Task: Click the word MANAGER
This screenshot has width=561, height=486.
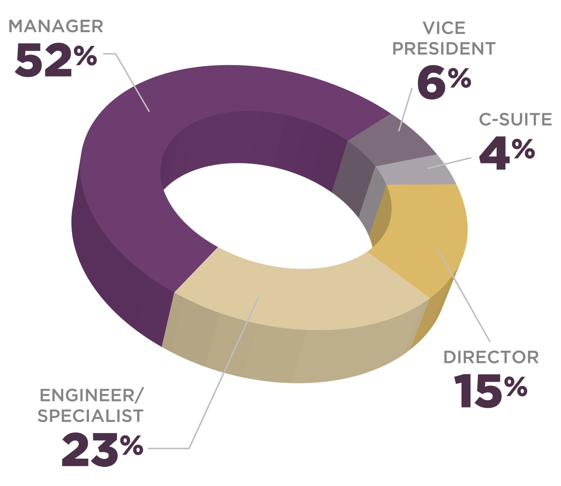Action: pos(56,27)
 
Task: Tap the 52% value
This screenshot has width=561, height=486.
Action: pos(56,60)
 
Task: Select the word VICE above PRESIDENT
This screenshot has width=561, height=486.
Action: pos(444,28)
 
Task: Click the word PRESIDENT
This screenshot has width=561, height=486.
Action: pos(444,49)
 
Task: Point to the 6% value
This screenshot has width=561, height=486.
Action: pos(444,83)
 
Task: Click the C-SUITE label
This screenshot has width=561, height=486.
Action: pos(515,120)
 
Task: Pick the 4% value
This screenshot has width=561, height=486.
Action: pos(506,153)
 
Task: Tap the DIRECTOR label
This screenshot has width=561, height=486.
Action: pos(491,357)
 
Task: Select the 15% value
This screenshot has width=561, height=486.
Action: pos(490,391)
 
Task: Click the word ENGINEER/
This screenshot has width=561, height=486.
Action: pos(91,396)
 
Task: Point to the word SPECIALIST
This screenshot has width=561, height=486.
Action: pos(91,416)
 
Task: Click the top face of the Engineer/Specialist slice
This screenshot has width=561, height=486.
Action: pos(299,295)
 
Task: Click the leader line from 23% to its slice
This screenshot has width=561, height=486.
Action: pos(224,374)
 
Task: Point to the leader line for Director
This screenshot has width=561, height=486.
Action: pos(464,295)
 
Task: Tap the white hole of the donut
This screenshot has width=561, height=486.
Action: pos(262,217)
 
